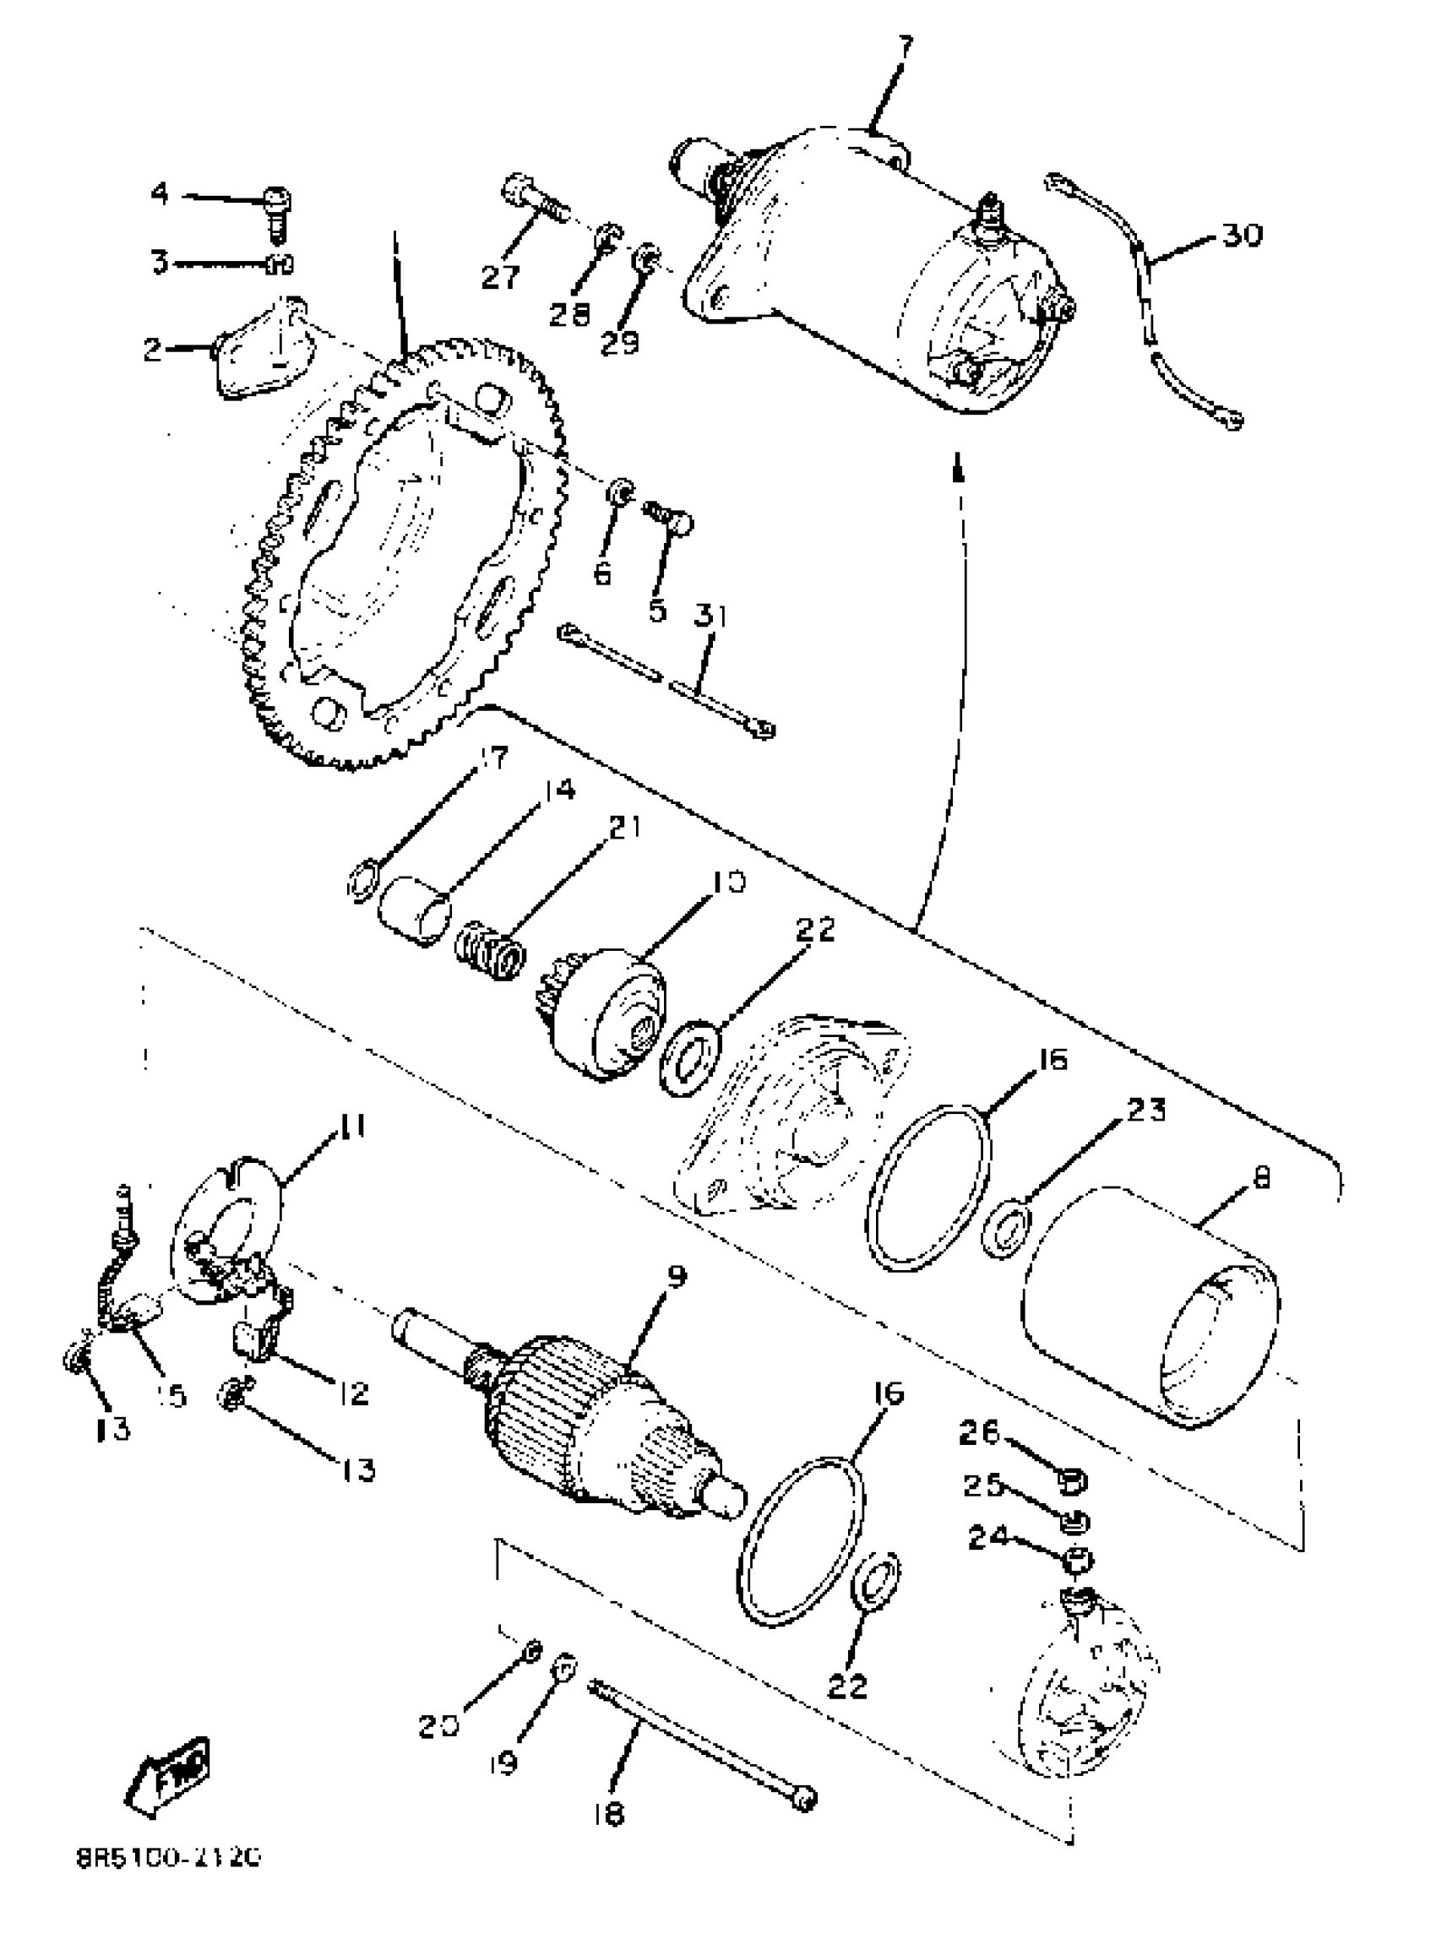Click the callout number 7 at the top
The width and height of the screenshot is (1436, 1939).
905,46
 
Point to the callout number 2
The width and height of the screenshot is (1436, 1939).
153,350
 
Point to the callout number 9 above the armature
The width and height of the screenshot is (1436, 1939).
676,1277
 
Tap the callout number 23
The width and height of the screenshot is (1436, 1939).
1145,1110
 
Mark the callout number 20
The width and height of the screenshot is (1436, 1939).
435,1725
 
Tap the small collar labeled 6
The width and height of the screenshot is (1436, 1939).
620,493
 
